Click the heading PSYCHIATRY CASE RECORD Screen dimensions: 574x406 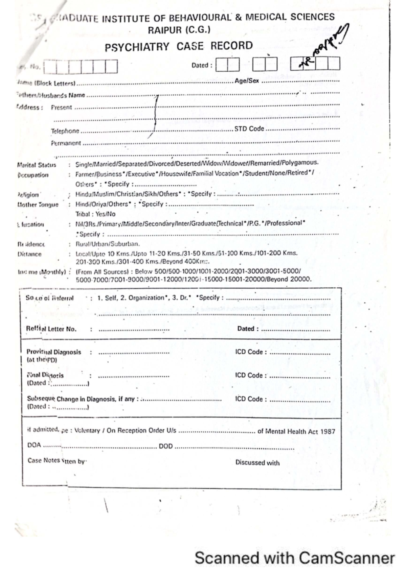pos(179,46)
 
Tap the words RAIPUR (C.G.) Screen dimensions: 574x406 pos(179,30)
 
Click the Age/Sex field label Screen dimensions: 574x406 pos(247,80)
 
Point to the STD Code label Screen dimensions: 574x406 pos(249,129)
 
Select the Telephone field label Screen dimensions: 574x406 pos(65,131)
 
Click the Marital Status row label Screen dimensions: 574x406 pos(37,165)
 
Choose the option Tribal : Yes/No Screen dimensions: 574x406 pos(95,214)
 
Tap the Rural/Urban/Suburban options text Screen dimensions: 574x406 pos(107,244)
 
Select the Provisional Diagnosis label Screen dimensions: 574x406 pos(54,352)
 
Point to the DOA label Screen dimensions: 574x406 pos(34,445)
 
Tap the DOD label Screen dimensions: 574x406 pos(166,446)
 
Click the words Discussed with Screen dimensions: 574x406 pos(257,463)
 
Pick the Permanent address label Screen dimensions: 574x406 pos(66,143)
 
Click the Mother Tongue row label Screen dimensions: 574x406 pos(38,205)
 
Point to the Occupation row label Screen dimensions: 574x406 pos(33,175)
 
